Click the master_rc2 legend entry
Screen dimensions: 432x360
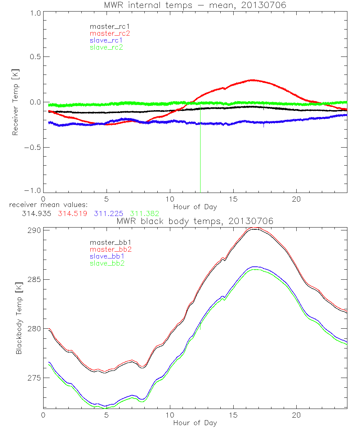coord(110,33)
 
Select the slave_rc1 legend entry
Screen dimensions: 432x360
coord(107,40)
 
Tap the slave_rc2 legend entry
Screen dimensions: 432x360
coord(107,47)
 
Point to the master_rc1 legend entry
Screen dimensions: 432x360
coord(110,27)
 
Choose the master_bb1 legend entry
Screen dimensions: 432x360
coord(110,243)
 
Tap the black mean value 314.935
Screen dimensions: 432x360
coord(36,213)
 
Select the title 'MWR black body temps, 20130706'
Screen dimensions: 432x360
coord(195,221)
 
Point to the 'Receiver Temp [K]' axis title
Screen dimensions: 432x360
coord(15,102)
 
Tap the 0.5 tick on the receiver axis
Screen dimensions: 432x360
coord(32,57)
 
